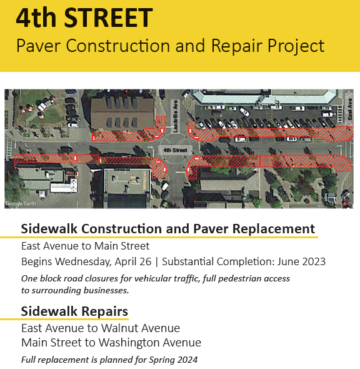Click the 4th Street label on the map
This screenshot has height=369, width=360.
[175, 150]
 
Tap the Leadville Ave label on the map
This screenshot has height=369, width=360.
[176, 116]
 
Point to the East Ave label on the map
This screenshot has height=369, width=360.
[349, 109]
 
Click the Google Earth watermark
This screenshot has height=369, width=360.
[21, 203]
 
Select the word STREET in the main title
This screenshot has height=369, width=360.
[108, 18]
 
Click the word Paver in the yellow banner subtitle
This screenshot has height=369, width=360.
[39, 46]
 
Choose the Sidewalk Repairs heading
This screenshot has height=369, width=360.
[74, 311]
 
